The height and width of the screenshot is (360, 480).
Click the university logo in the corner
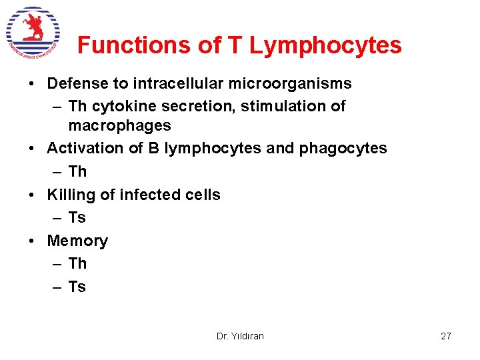[x=33, y=32]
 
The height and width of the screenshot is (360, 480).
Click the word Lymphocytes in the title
[x=325, y=45]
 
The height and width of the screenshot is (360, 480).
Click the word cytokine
[x=123, y=106]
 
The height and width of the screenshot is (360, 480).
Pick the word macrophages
[x=119, y=125]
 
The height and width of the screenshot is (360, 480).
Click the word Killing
[x=69, y=195]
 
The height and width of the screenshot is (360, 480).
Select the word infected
[x=139, y=195]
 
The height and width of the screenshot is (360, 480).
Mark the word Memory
[x=77, y=241]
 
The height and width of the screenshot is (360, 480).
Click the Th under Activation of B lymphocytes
[x=77, y=171]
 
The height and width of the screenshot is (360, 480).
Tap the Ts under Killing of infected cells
[x=77, y=217]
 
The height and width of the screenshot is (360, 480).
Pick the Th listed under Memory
[x=77, y=263]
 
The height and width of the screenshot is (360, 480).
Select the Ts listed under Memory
[x=77, y=287]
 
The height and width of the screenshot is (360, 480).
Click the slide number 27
[x=446, y=336]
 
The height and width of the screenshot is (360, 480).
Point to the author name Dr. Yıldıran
[x=240, y=336]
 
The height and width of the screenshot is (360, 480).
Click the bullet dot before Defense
[x=32, y=84]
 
